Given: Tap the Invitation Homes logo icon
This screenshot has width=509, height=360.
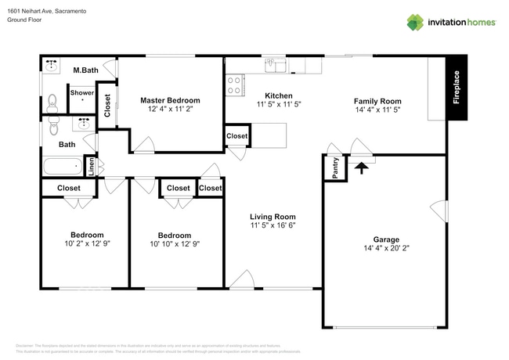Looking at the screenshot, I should coord(414,22).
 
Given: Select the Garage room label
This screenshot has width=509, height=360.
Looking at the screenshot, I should coord(386,239).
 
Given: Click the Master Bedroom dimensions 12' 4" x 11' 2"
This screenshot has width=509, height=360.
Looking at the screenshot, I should coord(170,110).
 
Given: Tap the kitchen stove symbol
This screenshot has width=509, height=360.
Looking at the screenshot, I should coord(234,85).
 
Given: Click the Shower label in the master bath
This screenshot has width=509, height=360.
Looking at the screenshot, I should coord(82,93).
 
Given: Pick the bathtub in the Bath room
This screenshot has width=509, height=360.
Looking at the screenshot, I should coord(63,167).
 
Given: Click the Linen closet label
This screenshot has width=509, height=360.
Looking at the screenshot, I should coord(91,167).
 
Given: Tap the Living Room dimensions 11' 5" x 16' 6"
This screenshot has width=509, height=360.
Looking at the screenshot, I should coord(273,225).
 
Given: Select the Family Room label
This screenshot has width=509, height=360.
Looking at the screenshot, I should coord(377,101).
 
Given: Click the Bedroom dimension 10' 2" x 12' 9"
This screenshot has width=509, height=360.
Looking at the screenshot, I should coord(87,244).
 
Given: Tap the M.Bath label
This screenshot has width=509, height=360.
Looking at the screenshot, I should coord(85,70).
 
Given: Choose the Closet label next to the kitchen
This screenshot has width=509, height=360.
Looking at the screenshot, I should coord(237,136).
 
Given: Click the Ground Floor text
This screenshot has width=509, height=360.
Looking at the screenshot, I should coord(24,20).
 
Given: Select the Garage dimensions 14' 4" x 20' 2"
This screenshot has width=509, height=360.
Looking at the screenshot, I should coord(386,249).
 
